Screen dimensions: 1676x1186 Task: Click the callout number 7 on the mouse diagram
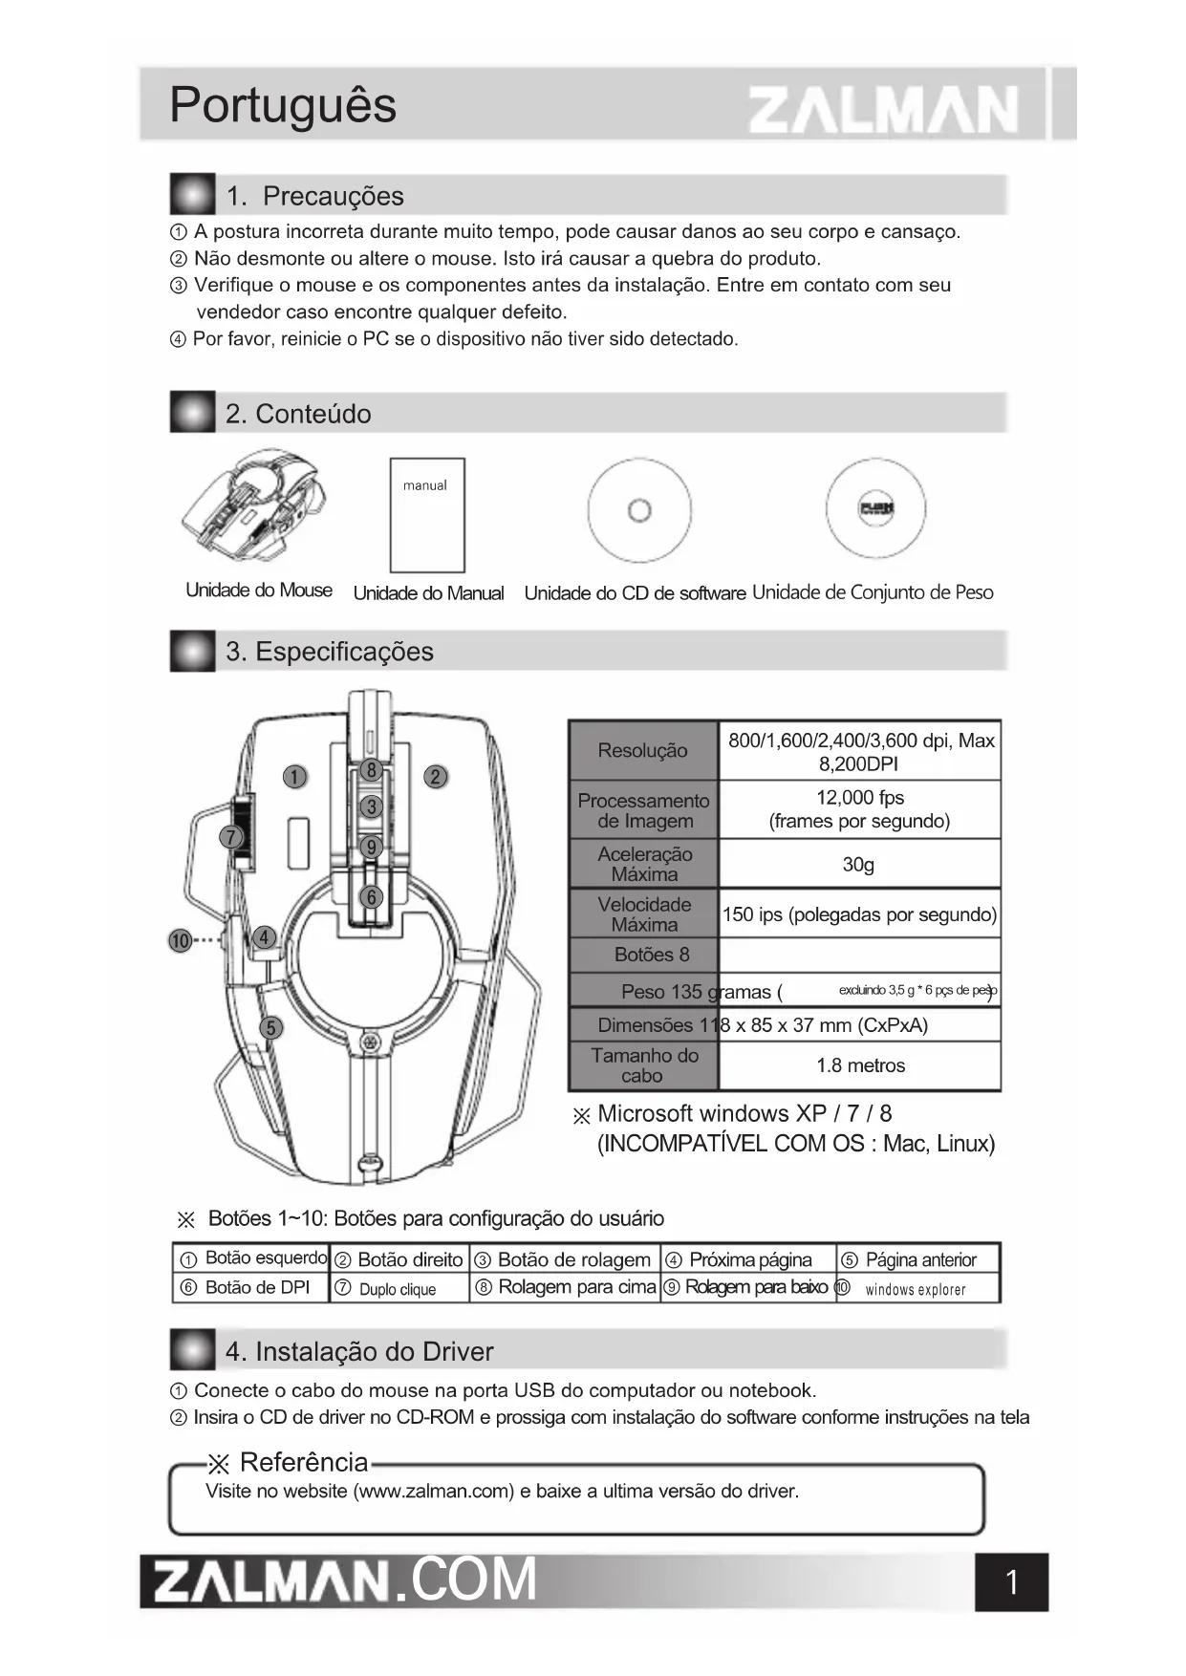[230, 838]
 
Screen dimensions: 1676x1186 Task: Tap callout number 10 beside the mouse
[180, 941]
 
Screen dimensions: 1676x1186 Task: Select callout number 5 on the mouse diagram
[271, 1027]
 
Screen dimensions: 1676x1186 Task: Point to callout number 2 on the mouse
[436, 777]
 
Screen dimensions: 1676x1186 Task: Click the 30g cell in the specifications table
[858, 865]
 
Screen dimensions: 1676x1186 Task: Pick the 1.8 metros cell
[859, 1065]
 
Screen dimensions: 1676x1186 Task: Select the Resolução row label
[642, 751]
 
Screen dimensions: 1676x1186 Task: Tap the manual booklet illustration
[427, 515]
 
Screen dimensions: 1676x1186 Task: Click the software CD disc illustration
[639, 510]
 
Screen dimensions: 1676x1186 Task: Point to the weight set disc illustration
[875, 508]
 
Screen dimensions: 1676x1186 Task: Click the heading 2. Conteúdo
[298, 414]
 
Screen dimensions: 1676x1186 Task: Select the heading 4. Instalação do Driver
[359, 1352]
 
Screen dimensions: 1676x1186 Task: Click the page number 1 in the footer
[1011, 1583]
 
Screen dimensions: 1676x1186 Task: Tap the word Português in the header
[283, 105]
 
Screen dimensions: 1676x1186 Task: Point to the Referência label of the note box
[303, 1463]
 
